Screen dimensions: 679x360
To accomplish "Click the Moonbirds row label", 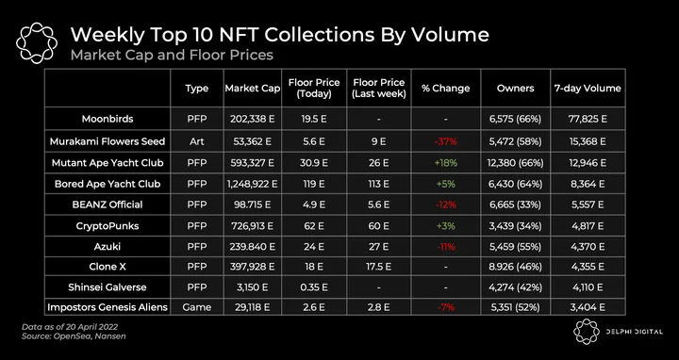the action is click(108, 119).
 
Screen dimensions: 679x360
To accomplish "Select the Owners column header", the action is click(515, 89).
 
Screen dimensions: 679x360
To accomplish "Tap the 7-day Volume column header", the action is click(588, 89).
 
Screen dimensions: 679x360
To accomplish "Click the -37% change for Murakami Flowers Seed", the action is click(445, 141).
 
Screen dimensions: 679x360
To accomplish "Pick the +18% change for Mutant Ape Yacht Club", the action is click(445, 163).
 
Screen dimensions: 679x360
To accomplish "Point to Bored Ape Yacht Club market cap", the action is click(252, 184).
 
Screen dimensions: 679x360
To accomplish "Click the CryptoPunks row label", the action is click(108, 226).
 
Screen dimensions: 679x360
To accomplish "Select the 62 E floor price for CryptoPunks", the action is click(314, 226).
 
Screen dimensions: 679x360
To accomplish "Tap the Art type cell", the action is click(197, 141).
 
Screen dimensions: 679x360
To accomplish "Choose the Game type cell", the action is click(197, 307).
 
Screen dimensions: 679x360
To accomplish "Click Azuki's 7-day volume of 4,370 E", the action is click(588, 247).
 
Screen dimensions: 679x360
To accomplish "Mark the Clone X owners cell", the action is click(515, 267).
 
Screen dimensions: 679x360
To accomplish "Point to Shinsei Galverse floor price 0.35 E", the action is click(314, 286).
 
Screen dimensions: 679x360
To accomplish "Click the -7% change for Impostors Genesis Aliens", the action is click(445, 307).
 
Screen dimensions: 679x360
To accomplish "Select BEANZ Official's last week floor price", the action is click(378, 205).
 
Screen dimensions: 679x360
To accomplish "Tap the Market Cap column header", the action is click(253, 89).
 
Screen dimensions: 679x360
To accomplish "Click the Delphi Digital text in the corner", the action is click(634, 332).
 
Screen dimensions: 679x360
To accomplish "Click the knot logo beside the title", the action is click(37, 43).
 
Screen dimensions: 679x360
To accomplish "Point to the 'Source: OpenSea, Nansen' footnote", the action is click(74, 335).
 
